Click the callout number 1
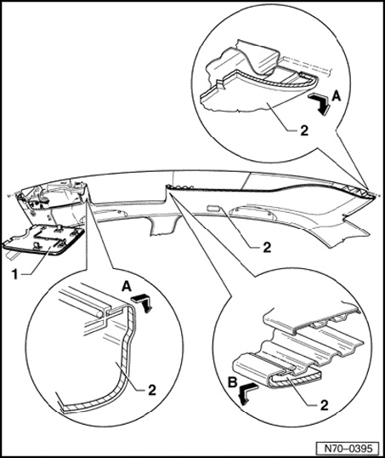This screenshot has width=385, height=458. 14,275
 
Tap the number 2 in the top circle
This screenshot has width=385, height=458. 304,131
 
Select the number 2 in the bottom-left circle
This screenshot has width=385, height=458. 152,390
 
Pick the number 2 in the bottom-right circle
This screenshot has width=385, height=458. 324,405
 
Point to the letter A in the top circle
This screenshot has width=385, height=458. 337,96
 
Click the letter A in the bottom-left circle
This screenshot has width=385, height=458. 127,287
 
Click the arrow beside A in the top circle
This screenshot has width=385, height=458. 320,103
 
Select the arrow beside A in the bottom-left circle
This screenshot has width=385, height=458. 143,302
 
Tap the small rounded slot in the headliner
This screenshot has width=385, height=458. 215,209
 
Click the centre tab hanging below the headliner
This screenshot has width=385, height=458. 163,225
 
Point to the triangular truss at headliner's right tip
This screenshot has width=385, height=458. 357,191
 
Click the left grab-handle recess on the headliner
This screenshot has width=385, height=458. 110,213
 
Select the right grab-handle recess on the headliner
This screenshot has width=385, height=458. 254,213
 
